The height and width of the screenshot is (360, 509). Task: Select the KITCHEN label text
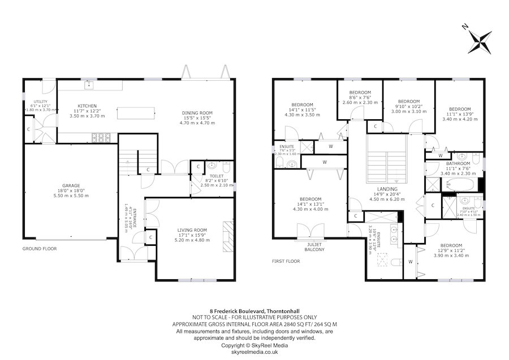click(87, 106)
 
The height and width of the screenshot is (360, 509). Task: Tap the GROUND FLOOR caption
click(40, 249)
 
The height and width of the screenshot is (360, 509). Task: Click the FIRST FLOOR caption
click(286, 262)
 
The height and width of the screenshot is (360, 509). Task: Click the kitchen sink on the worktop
click(89, 86)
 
